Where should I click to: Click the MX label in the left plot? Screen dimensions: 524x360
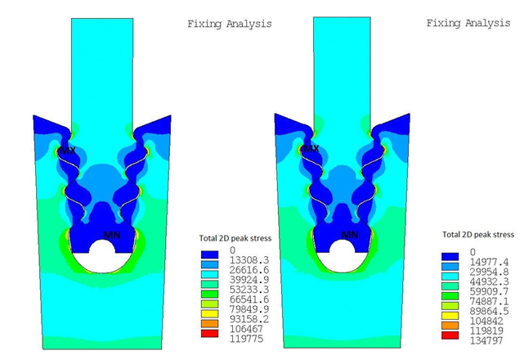coord(68,151)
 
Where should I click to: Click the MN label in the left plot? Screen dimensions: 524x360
coord(112,235)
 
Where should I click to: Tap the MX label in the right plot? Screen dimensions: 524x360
coord(311,149)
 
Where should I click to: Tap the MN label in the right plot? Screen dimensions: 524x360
coord(350,235)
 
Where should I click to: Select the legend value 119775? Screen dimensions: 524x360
coord(246,339)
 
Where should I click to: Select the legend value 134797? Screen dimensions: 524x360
coord(486,341)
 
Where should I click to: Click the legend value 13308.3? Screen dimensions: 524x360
coord(249,260)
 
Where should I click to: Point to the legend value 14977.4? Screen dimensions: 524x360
coord(489,262)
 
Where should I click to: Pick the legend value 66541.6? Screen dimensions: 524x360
coord(249,299)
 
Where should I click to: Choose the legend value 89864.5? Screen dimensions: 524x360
coord(489,311)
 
